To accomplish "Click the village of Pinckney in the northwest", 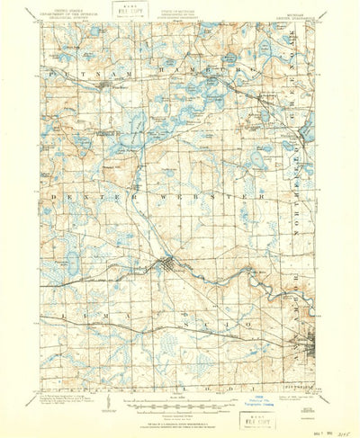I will pos(107,86).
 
